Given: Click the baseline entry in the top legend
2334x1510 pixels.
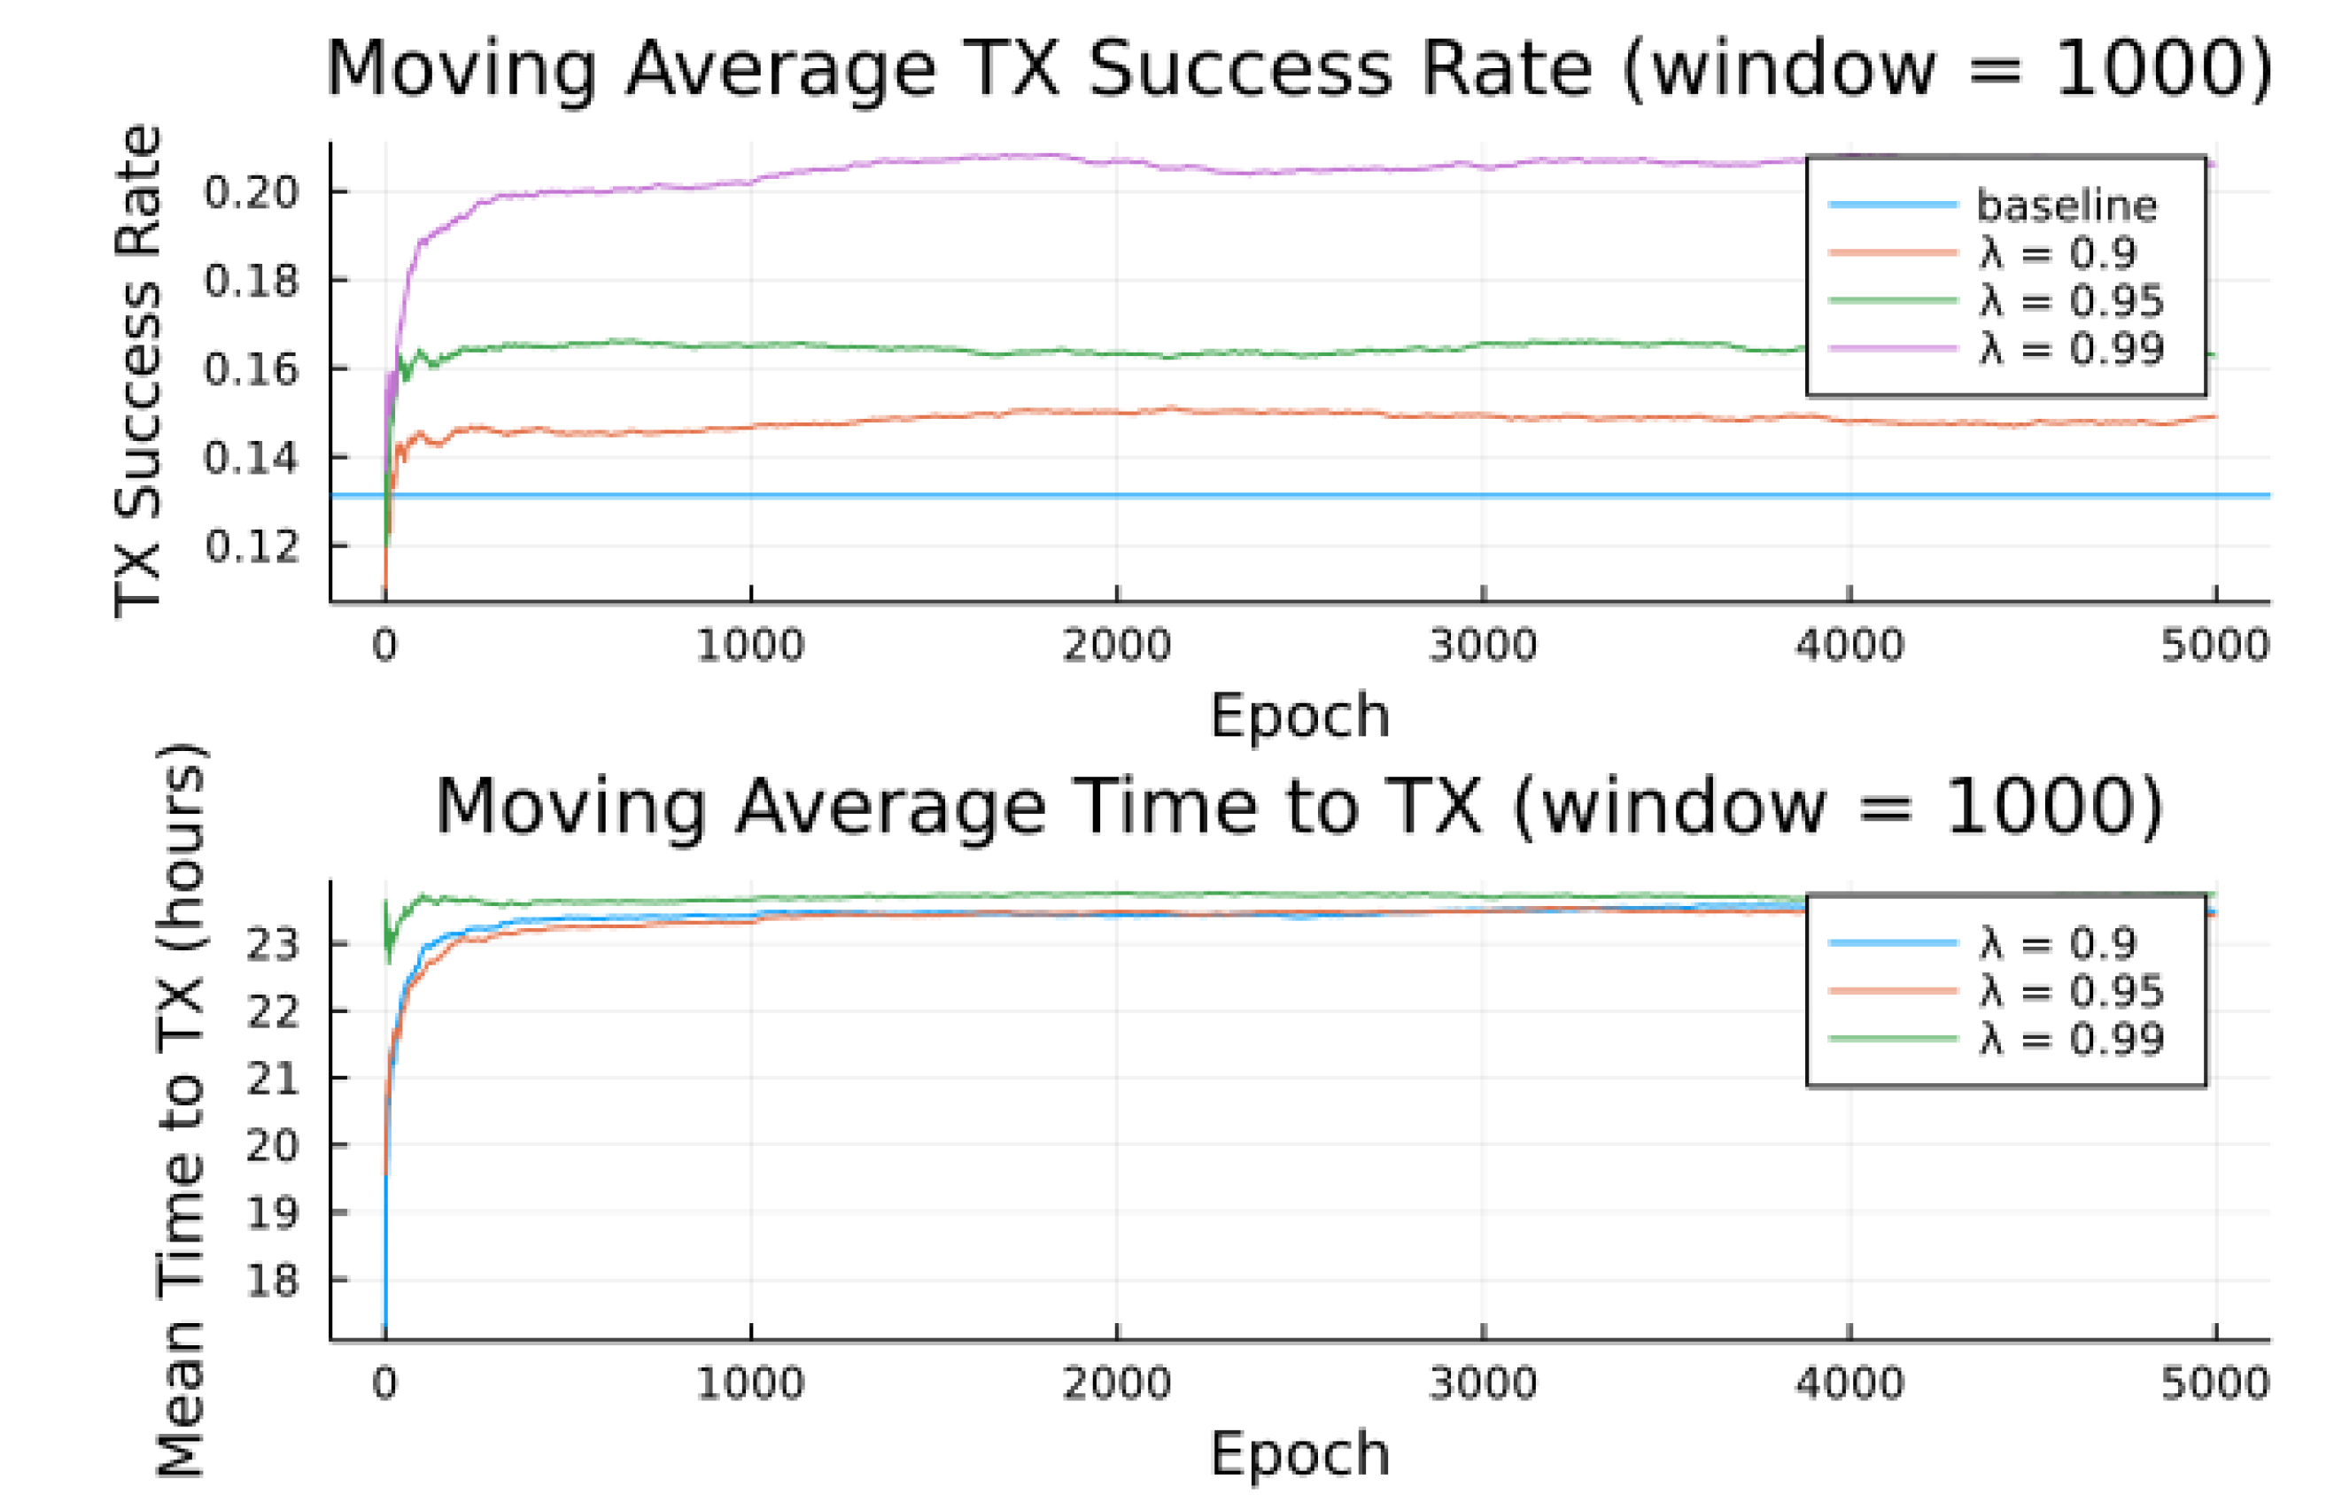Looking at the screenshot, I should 2066,205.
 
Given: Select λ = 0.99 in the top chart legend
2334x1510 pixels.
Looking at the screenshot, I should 2070,349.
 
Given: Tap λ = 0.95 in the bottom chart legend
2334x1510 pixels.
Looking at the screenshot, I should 2070,991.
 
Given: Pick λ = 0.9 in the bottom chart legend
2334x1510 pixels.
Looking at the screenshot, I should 2057,943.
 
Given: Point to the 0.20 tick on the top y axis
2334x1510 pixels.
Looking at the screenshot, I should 250,192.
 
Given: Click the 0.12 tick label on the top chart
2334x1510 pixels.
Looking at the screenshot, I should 250,546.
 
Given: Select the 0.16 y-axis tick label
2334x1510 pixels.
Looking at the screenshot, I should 250,369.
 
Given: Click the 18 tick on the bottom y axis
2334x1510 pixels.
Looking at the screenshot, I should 272,1281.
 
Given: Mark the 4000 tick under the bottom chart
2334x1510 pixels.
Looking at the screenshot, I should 1849,1383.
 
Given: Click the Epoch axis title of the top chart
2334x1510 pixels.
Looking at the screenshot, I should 1300,715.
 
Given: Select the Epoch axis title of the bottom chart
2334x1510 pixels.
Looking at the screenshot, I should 1300,1453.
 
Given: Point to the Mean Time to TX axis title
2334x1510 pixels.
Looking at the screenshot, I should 181,1108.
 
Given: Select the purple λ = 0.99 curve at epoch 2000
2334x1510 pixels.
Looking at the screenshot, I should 1117,161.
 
